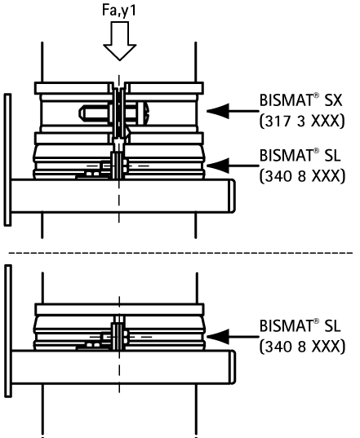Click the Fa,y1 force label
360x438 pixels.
click(x=119, y=11)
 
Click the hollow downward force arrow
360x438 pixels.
click(x=120, y=41)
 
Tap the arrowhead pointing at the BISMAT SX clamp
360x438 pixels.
click(x=218, y=111)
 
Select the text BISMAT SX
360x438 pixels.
click(x=300, y=100)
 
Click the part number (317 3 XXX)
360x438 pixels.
click(x=302, y=122)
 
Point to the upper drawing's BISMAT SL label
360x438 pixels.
click(x=300, y=155)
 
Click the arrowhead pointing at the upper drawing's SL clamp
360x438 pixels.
click(x=218, y=166)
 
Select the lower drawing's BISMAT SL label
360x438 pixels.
click(x=300, y=325)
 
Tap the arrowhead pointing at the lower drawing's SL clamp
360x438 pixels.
click(x=218, y=337)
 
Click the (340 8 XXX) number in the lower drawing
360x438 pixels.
click(x=302, y=347)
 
